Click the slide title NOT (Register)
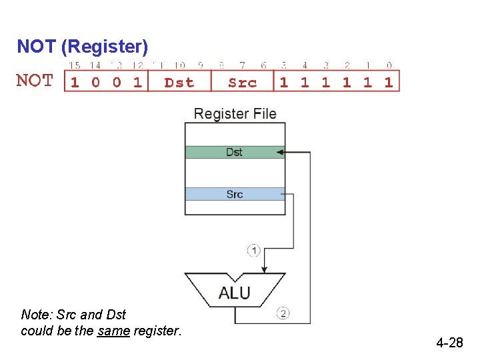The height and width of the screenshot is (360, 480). tap(82, 47)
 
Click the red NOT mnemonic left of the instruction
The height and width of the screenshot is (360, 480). tap(35, 81)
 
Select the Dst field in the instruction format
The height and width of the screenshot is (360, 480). tap(179, 82)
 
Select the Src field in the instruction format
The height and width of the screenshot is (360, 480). tap(242, 82)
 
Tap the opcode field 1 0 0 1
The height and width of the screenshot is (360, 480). tap(106, 82)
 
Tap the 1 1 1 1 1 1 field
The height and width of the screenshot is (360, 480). tap(337, 82)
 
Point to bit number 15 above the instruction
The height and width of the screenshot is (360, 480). tap(75, 65)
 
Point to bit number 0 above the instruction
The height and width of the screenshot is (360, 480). tap(389, 65)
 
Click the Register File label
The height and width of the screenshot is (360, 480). tap(235, 113)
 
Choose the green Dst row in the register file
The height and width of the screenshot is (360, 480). tap(234, 152)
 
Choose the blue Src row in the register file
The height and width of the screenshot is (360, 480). tap(234, 194)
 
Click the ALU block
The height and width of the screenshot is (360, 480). tap(235, 291)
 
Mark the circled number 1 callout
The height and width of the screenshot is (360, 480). tap(253, 250)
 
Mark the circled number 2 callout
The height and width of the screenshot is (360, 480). tap(283, 313)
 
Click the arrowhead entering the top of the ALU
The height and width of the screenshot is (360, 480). tap(265, 269)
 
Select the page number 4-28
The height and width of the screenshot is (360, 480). tap(449, 343)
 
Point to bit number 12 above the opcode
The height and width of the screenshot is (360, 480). tap(137, 65)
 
